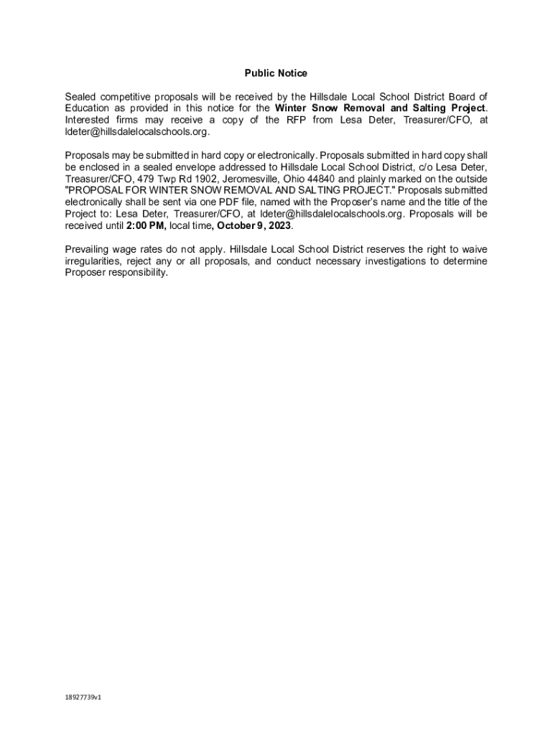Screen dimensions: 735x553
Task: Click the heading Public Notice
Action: pos(276,73)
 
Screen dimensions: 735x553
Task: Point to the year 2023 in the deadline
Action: pos(280,225)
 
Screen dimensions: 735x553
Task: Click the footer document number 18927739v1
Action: pos(83,697)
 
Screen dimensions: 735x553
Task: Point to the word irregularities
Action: pos(90,261)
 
